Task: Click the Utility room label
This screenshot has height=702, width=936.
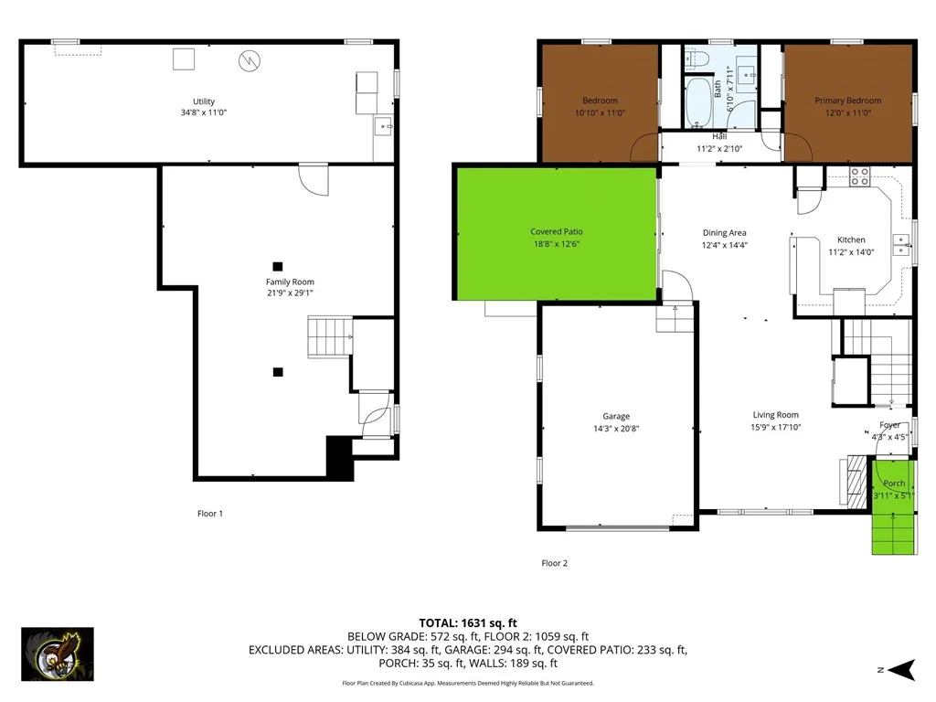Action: tap(204, 101)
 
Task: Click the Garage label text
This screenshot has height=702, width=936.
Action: tap(616, 417)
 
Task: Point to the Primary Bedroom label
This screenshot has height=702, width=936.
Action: tap(848, 101)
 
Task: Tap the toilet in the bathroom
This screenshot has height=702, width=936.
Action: tap(697, 60)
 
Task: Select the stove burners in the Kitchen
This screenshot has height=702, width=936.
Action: tap(859, 175)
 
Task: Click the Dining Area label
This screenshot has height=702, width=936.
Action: tap(724, 233)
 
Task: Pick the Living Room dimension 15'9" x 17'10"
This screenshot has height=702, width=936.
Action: tap(775, 427)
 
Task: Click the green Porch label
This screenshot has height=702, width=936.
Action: tap(894, 484)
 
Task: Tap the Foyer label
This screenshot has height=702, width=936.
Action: tap(889, 425)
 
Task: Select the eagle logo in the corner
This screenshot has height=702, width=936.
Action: tap(58, 654)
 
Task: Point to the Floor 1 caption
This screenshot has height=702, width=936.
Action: tap(209, 514)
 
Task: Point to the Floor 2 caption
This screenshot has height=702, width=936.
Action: tap(554, 563)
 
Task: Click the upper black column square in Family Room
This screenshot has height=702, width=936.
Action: tap(278, 266)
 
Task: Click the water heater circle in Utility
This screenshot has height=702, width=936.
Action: tap(248, 61)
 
